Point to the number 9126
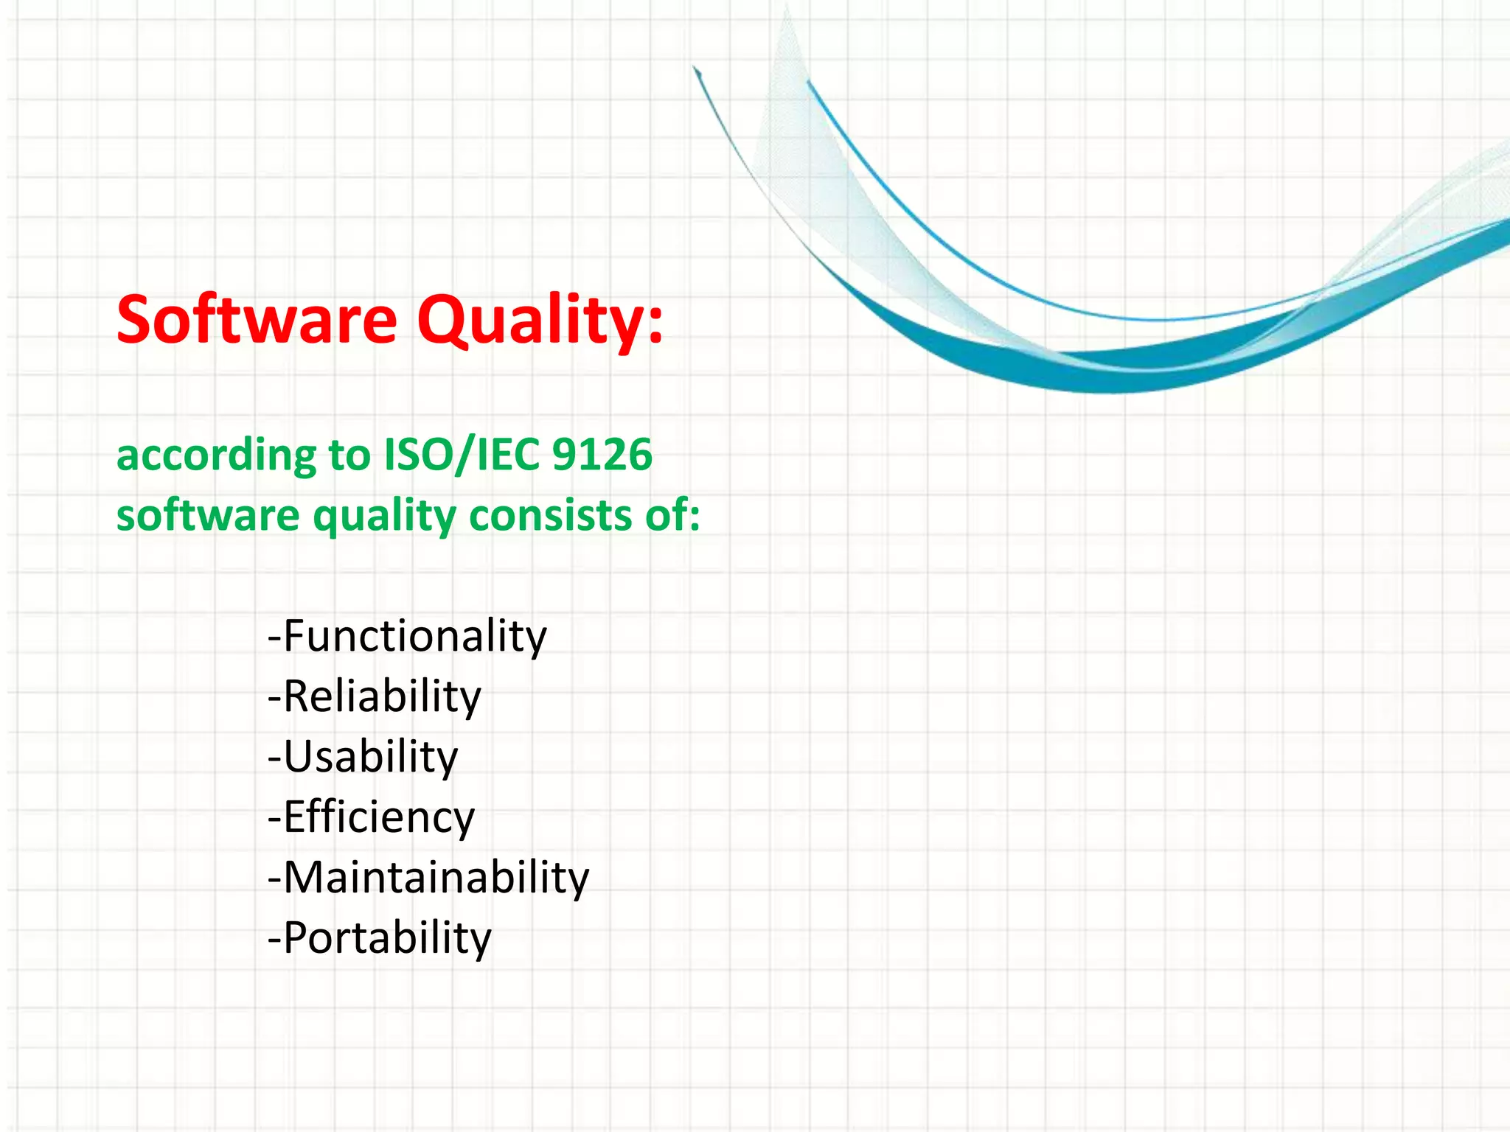coord(602,455)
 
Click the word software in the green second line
coord(208,515)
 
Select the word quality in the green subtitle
coord(384,517)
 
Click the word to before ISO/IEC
coord(349,455)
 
